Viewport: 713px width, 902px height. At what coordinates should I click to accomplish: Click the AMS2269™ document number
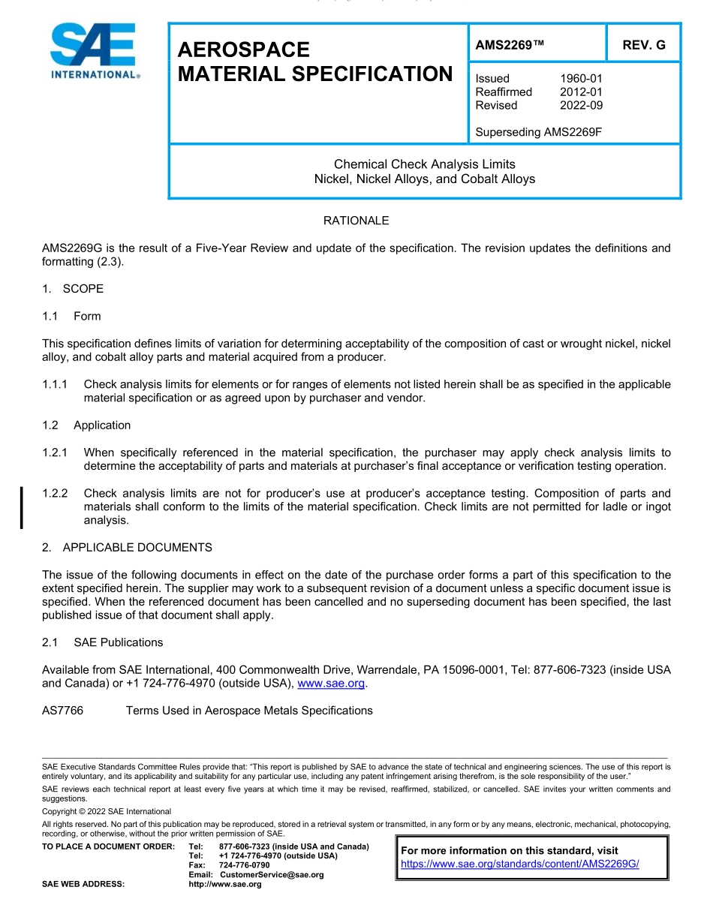(x=510, y=45)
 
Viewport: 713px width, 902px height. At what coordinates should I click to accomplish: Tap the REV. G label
(x=643, y=45)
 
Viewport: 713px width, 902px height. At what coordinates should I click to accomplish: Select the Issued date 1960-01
(x=581, y=78)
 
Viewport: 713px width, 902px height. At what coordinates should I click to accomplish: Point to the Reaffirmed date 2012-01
(x=581, y=92)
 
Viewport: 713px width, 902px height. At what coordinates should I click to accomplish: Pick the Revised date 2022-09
(x=581, y=105)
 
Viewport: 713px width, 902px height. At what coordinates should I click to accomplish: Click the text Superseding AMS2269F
(x=539, y=132)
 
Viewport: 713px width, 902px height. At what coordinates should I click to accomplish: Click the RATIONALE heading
(x=356, y=221)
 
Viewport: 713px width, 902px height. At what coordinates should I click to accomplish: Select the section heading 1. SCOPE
(x=73, y=289)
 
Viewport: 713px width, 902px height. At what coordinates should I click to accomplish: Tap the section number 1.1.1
(x=56, y=384)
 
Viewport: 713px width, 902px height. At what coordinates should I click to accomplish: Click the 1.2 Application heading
(x=86, y=425)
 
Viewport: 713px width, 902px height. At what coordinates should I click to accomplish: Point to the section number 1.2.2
(x=56, y=493)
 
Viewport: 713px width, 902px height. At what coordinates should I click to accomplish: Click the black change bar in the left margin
(x=22, y=507)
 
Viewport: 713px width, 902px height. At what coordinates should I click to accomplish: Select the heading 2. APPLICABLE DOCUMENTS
(x=127, y=547)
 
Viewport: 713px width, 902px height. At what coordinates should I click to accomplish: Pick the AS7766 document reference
(x=62, y=710)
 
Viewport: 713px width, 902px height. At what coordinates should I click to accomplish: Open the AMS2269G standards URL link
(x=520, y=864)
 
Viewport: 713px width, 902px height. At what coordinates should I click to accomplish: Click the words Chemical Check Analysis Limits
(x=424, y=164)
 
